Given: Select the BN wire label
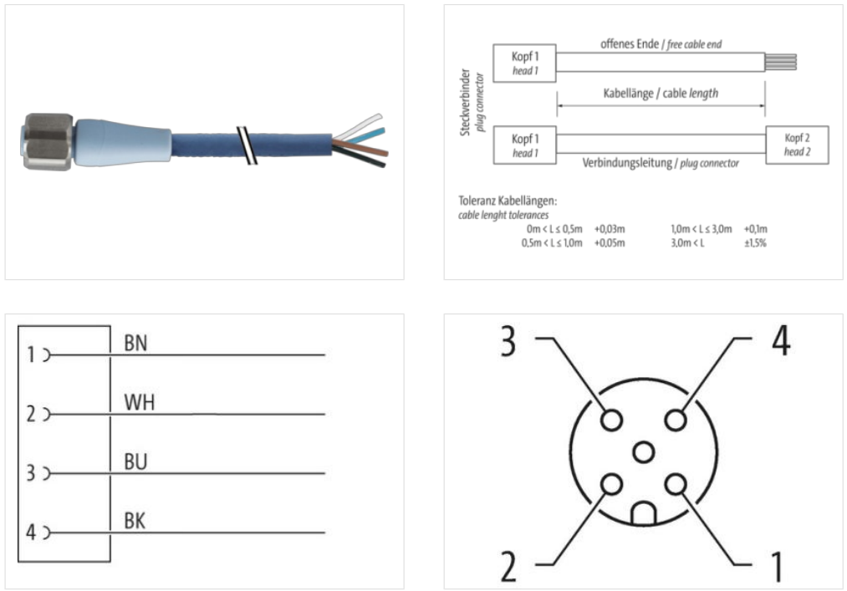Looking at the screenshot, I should point(135,343).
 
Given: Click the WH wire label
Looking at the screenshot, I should point(139,403).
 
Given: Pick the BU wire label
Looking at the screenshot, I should point(136,461).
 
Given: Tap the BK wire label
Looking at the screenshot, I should point(135,522).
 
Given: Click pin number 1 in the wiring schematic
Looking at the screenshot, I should point(31,355).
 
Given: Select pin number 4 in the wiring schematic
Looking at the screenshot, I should point(31,532).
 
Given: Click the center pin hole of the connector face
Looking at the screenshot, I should point(643,453).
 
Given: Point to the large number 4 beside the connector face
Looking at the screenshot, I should point(779,341).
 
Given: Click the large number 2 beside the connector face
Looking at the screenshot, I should point(508,566).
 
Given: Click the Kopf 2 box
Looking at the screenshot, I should point(797,143).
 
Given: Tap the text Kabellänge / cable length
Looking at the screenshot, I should point(661,94).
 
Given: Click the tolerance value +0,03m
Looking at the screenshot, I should point(610,228).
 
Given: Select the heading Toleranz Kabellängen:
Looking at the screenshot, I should point(508,201).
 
